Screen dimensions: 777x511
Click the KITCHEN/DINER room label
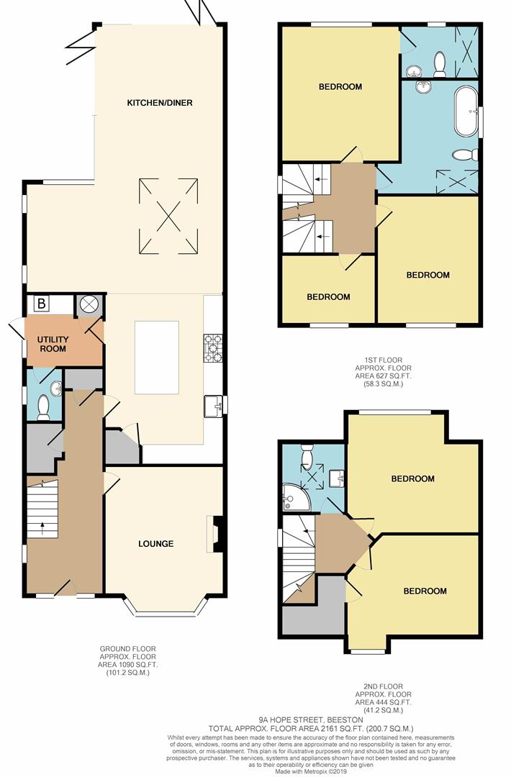tap(160, 103)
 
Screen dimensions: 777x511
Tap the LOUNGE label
tap(156, 544)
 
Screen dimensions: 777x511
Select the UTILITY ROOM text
tap(53, 344)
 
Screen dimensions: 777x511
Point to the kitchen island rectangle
tap(156, 357)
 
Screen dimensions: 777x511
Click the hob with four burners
tap(214, 347)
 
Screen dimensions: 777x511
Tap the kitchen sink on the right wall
tap(214, 406)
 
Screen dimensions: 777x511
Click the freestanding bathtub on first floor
tap(465, 112)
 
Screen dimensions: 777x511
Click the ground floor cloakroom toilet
tap(43, 407)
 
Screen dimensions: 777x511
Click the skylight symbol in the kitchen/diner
tap(168, 216)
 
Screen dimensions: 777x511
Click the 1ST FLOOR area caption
tap(382, 372)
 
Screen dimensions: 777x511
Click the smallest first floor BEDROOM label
tap(328, 296)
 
